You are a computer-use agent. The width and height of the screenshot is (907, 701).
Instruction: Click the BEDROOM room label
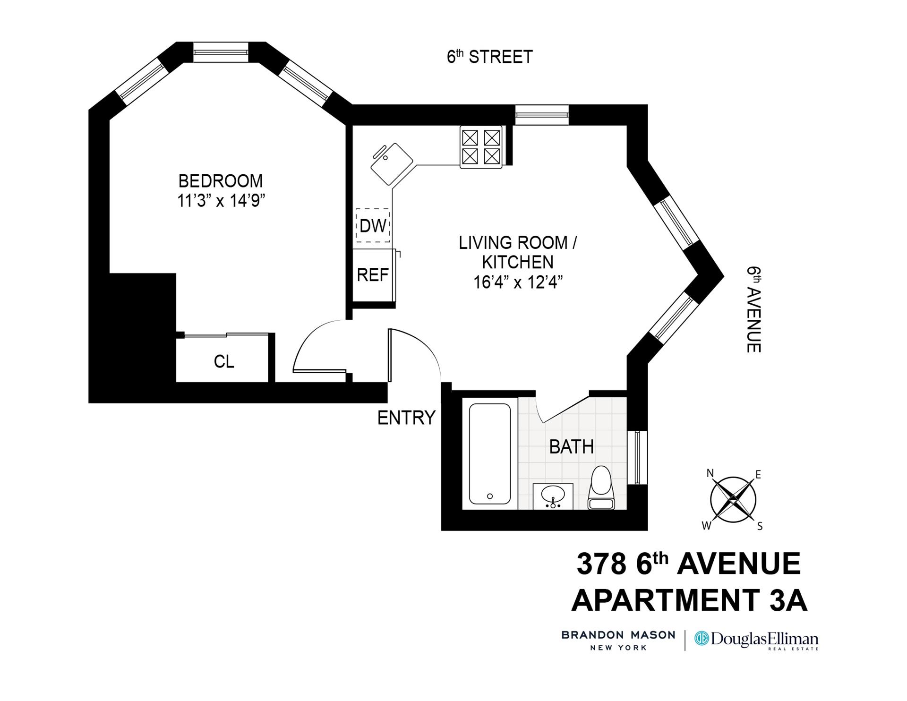pyautogui.click(x=221, y=181)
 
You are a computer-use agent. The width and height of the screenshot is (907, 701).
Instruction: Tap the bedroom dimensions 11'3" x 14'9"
pyautogui.click(x=221, y=201)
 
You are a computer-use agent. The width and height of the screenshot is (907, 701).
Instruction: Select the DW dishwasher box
pyautogui.click(x=373, y=226)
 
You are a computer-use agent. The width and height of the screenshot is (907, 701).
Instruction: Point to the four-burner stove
pyautogui.click(x=481, y=147)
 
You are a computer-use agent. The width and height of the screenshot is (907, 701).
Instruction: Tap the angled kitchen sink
pyautogui.click(x=391, y=164)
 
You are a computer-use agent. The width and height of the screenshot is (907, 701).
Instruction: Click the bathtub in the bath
pyautogui.click(x=490, y=454)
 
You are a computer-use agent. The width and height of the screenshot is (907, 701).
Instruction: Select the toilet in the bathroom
pyautogui.click(x=601, y=488)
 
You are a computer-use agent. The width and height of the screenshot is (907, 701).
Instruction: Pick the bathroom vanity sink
pyautogui.click(x=553, y=496)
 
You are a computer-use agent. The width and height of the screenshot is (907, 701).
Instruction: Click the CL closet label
pyautogui.click(x=224, y=362)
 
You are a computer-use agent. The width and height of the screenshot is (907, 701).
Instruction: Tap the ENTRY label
pyautogui.click(x=406, y=418)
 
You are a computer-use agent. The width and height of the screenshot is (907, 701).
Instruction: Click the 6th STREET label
pyautogui.click(x=490, y=57)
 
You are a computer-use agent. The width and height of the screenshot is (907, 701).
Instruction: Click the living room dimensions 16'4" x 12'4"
pyautogui.click(x=518, y=282)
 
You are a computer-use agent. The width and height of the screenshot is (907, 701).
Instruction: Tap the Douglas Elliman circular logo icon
pyautogui.click(x=702, y=640)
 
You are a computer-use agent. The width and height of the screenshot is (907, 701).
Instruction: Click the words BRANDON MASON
pyautogui.click(x=618, y=635)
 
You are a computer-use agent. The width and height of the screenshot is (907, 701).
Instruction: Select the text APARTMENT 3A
pyautogui.click(x=689, y=600)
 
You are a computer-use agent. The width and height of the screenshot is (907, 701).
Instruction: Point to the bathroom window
pyautogui.click(x=637, y=457)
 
